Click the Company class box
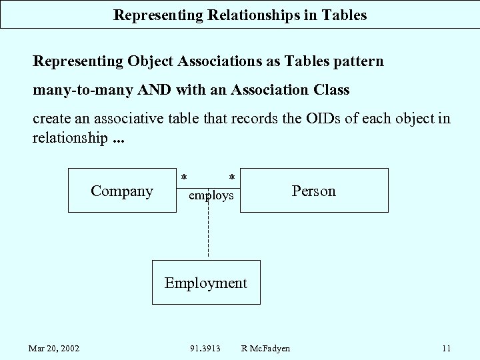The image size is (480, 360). [x=122, y=191]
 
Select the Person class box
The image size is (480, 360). [x=313, y=191]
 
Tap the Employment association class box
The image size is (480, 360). [x=206, y=283]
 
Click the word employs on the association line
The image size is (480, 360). [x=211, y=196]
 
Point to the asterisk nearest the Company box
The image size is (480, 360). [x=184, y=177]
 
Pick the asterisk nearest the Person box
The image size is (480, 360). [x=231, y=177]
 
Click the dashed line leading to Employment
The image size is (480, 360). [x=208, y=233]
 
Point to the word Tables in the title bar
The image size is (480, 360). [x=344, y=15]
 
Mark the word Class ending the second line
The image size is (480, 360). [x=331, y=89]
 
